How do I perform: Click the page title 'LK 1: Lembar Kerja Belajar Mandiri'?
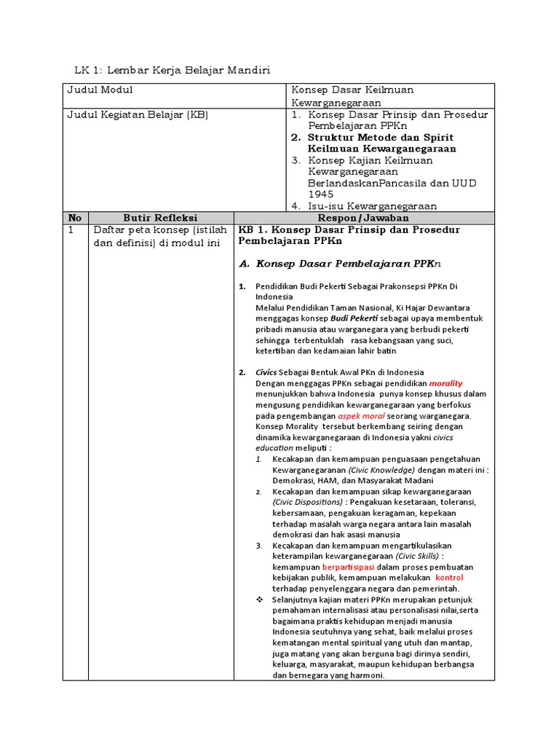173,71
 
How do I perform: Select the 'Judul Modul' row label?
100,90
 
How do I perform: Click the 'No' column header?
75,218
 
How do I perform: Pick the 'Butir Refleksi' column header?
160,218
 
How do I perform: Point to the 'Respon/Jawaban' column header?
363,218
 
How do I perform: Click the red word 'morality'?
445,383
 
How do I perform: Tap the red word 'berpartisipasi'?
352,567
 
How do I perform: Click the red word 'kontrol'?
449,578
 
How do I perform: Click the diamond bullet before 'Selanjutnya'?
260,600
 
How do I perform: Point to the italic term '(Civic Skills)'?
417,557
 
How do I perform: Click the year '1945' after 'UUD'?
321,195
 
